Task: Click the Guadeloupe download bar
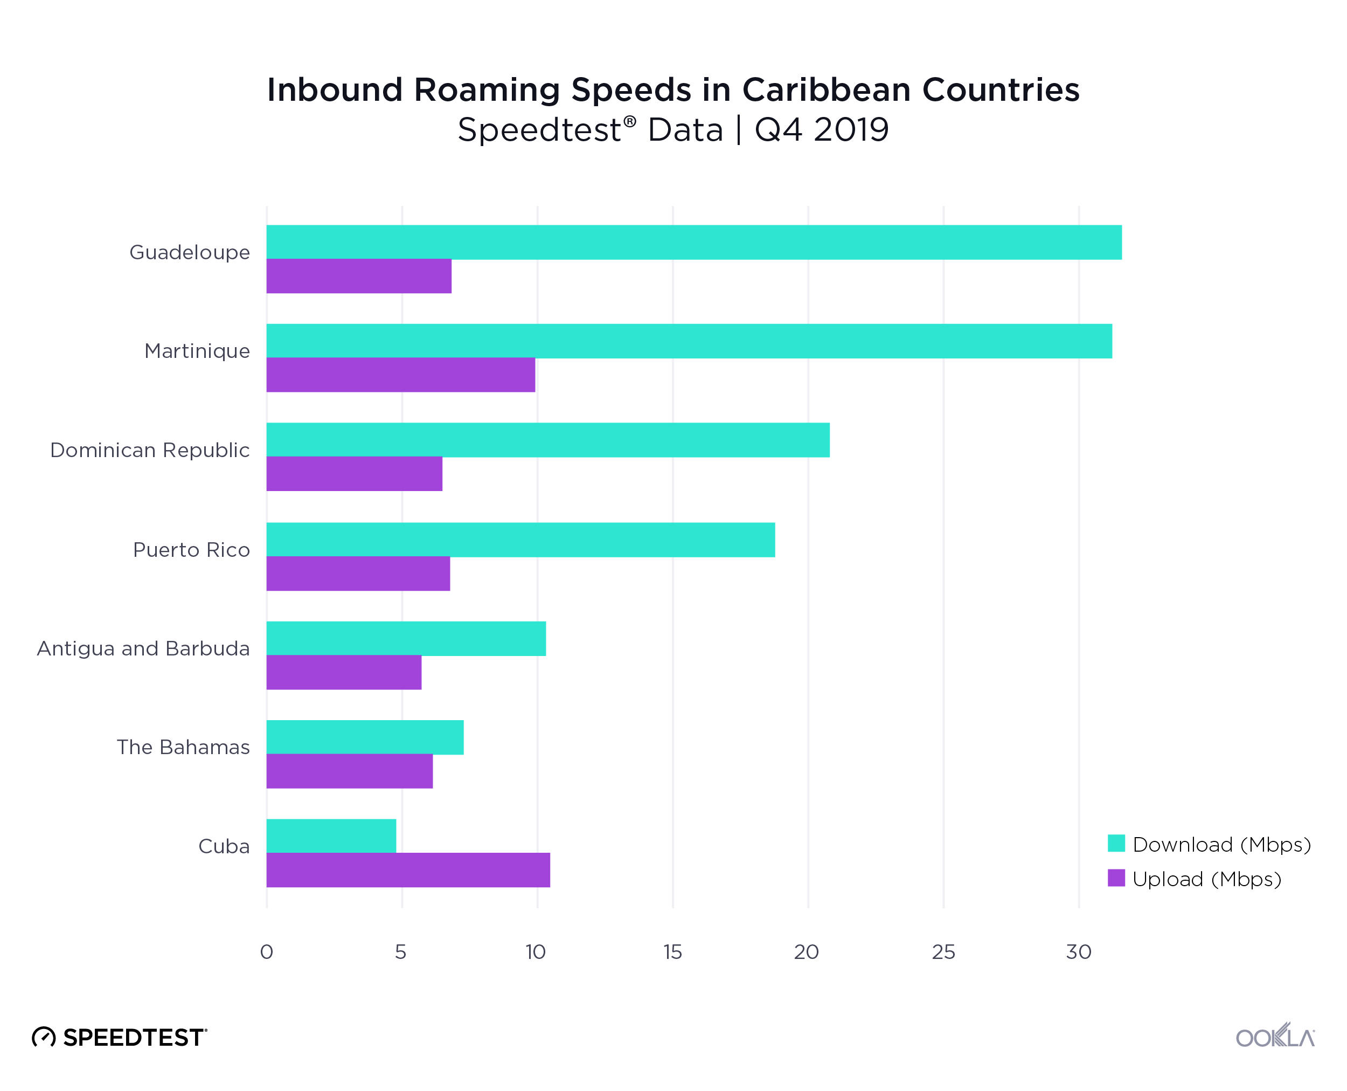click(693, 242)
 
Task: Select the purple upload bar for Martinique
click(401, 375)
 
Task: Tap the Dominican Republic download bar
click(548, 440)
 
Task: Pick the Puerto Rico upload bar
click(358, 573)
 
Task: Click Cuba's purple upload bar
click(408, 870)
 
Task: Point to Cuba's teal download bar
click(331, 836)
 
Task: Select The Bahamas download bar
click(365, 737)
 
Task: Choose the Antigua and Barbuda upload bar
click(344, 673)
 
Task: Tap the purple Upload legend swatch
click(1116, 878)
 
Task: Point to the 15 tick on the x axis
click(672, 952)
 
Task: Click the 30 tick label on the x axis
click(1079, 952)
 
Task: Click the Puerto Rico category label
click(192, 550)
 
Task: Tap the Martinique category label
click(197, 351)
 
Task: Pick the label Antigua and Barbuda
click(143, 648)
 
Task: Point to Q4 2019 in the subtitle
click(821, 130)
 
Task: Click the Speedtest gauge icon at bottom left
click(44, 1037)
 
